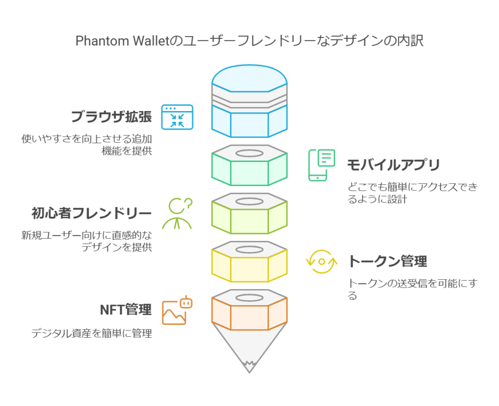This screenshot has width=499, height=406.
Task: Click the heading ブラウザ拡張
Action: [x=111, y=116]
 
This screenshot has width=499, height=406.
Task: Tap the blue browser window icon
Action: [x=177, y=117]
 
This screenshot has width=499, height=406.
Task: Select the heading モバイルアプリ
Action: [x=393, y=165]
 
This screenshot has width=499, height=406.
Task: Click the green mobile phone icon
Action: [x=322, y=165]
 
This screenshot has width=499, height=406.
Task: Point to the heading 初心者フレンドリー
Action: [x=91, y=213]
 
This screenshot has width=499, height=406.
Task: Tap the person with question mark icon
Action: [x=177, y=213]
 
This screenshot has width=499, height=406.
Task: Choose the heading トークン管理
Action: [x=387, y=261]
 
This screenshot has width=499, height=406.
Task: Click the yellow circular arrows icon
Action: [x=322, y=262]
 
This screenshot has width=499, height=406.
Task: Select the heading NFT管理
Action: [x=126, y=309]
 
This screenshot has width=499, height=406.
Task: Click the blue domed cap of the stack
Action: [x=249, y=101]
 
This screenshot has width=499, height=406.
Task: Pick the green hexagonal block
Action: [x=249, y=165]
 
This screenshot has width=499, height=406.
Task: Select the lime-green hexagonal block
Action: [x=249, y=213]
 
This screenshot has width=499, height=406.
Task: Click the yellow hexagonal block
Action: [x=249, y=262]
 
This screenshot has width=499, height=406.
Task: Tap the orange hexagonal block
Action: [x=249, y=309]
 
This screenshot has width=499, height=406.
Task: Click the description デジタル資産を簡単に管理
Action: [x=92, y=333]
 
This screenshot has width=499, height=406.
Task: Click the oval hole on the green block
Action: [x=249, y=154]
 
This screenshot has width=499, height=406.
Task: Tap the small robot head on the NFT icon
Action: [x=186, y=303]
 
